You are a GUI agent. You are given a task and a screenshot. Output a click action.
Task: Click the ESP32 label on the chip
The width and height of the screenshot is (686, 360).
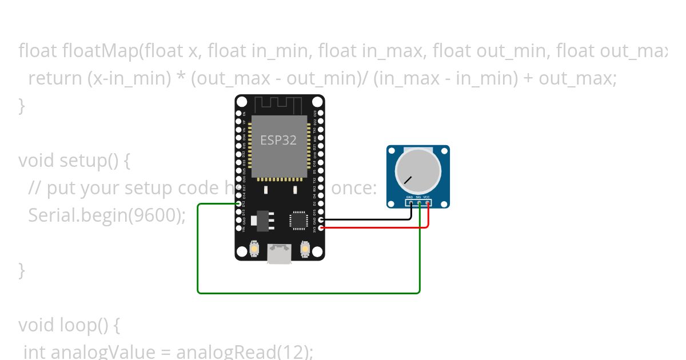(278, 140)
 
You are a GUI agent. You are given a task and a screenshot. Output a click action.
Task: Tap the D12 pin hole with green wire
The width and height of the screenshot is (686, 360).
(238, 203)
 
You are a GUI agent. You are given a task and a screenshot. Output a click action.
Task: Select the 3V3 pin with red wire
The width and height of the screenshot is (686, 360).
(321, 228)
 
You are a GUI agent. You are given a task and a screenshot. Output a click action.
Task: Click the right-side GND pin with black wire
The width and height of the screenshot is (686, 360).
(321, 219)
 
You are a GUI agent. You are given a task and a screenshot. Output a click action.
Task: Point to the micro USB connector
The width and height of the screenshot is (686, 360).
(280, 254)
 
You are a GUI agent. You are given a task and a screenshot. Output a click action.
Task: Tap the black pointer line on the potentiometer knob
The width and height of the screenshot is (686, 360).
(408, 179)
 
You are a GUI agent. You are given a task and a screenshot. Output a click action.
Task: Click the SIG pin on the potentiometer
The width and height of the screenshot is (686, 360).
(419, 203)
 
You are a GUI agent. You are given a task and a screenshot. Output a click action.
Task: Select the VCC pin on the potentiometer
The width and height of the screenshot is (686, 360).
(427, 203)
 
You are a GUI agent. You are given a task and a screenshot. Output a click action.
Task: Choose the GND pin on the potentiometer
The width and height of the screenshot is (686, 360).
(410, 203)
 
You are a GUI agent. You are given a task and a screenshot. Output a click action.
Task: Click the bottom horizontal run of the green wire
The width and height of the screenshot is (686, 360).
(309, 293)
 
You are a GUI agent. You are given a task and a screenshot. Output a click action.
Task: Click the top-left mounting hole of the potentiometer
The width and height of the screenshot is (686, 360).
(392, 151)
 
